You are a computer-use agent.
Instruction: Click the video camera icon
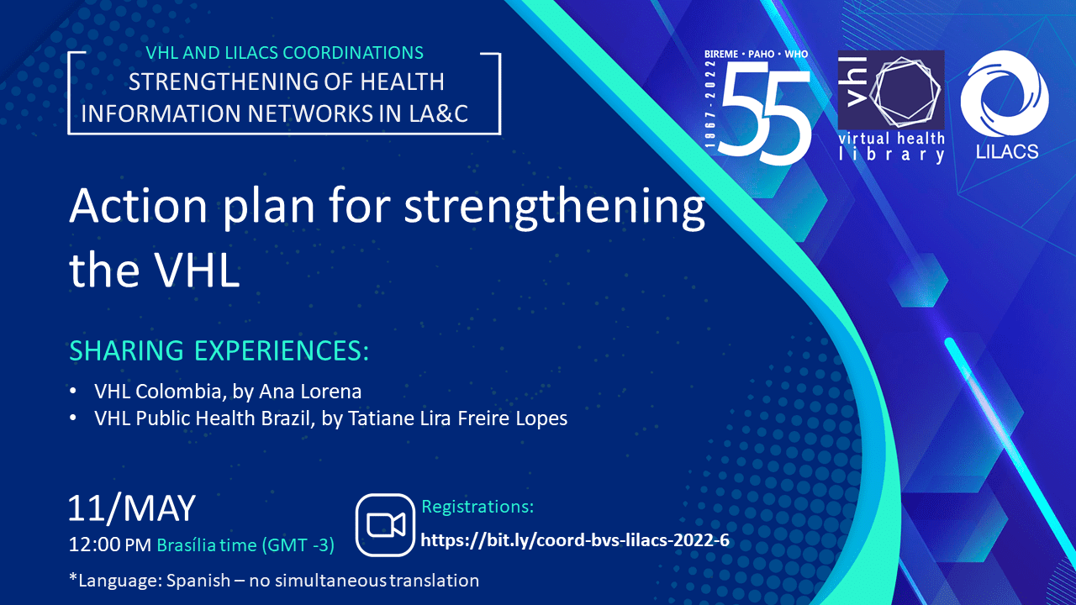[x=385, y=525]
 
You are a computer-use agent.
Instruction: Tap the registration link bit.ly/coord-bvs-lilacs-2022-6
[x=574, y=540]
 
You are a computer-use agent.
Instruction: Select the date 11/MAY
[x=132, y=508]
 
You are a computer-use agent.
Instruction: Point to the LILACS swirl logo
[x=1005, y=93]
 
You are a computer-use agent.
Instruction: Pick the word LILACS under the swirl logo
[x=1007, y=152]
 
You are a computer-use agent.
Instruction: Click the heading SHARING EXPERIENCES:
[x=219, y=350]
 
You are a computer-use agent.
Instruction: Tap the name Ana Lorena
[x=310, y=392]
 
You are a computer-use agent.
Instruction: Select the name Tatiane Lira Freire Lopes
[x=458, y=418]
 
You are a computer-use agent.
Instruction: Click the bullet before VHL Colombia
[x=73, y=392]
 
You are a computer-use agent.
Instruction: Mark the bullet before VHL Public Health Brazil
[x=73, y=418]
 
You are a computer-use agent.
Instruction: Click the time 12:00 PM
[x=110, y=545]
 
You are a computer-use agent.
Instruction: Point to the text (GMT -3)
[x=298, y=545]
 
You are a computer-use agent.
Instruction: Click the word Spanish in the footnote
[x=198, y=581]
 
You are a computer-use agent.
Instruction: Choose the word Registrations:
[x=477, y=507]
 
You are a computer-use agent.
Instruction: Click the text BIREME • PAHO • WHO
[x=756, y=55]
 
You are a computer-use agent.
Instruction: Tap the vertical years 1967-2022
[x=710, y=104]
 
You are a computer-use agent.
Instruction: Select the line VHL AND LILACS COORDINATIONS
[x=284, y=53]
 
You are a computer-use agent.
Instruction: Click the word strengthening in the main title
[x=554, y=207]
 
